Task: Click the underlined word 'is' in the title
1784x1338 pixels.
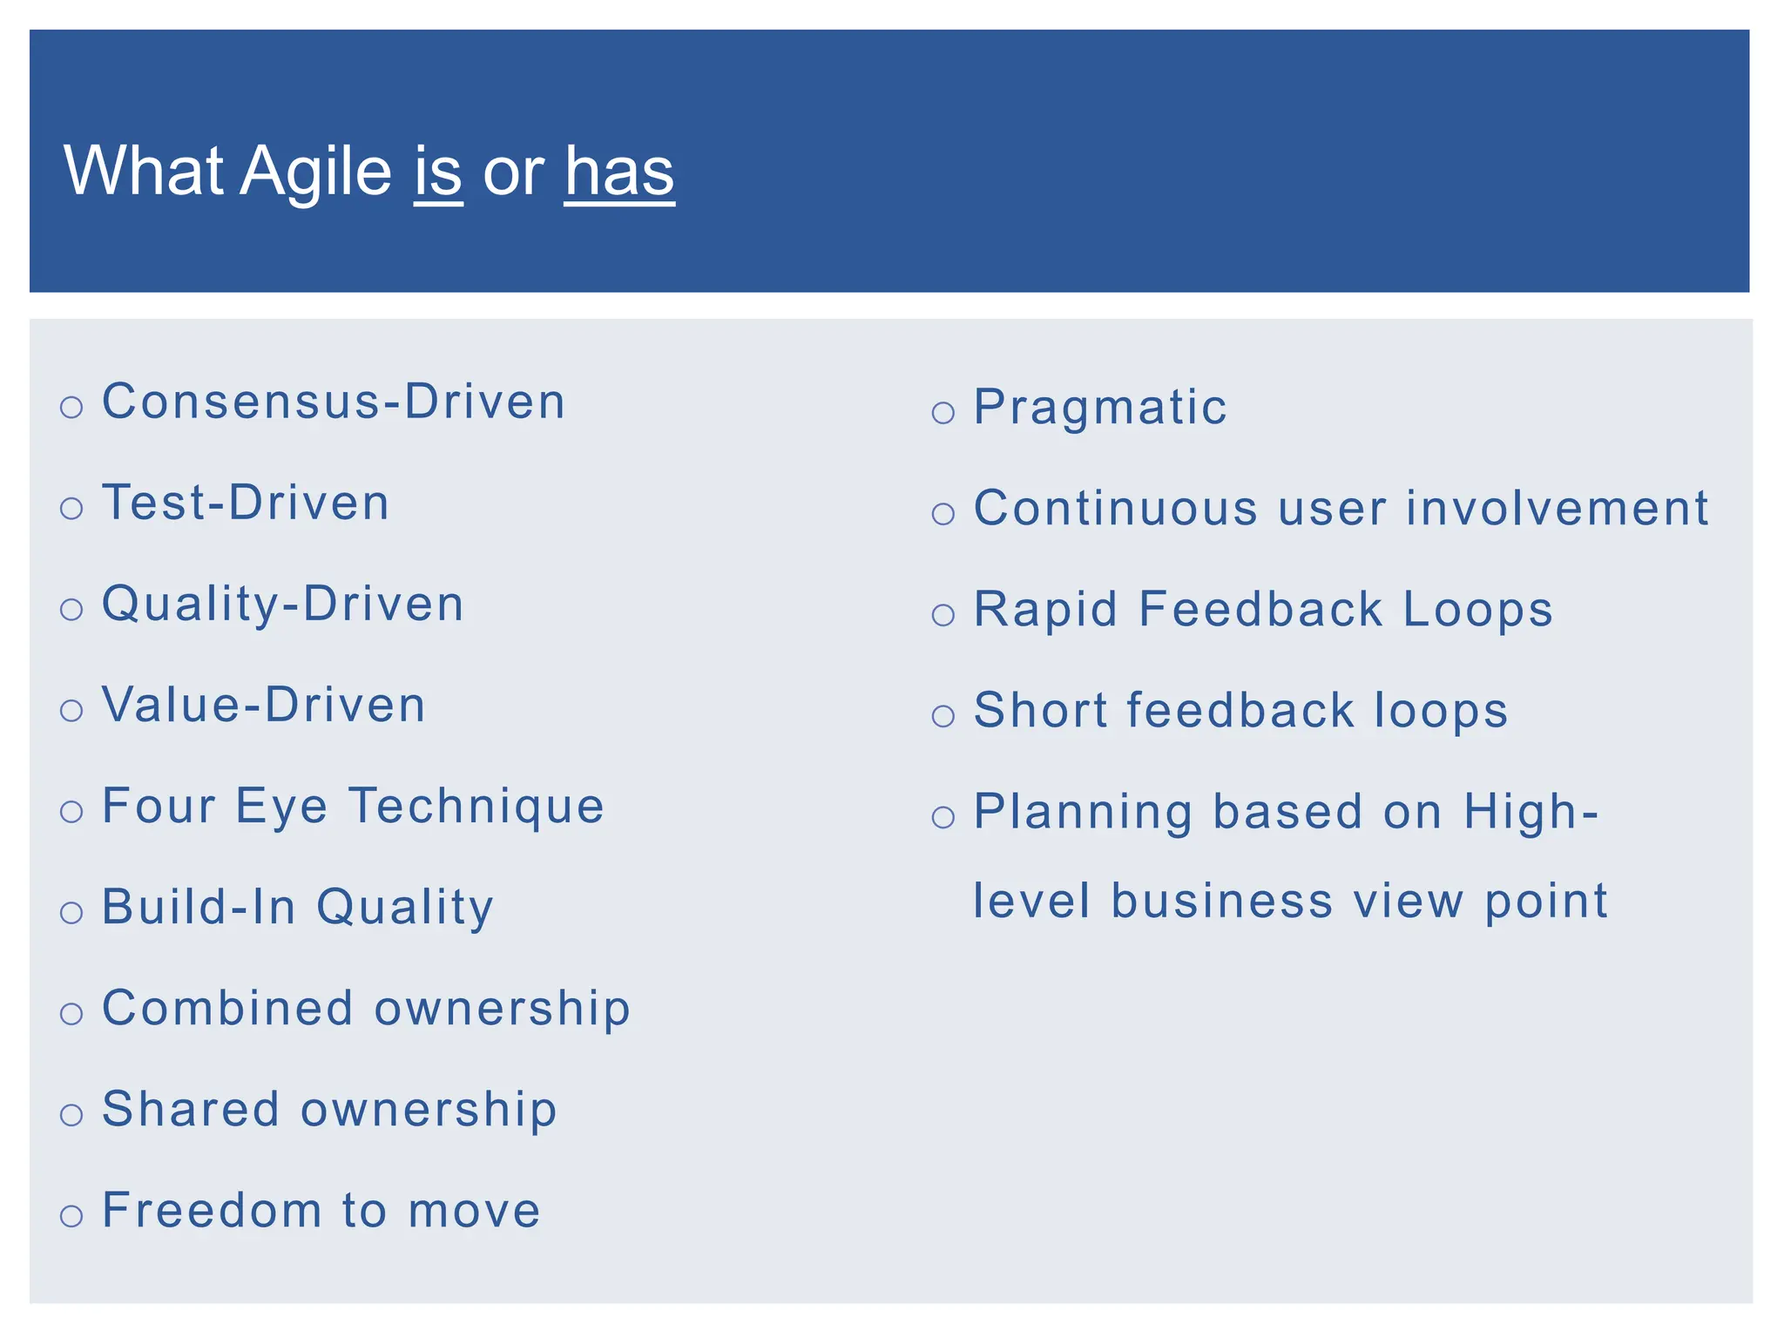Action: [x=437, y=172]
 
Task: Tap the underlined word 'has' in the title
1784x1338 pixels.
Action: [x=619, y=172]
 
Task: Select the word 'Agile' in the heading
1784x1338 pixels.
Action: [x=315, y=172]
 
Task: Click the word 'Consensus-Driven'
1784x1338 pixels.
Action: [x=334, y=402]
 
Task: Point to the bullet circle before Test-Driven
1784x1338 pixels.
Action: [x=71, y=508]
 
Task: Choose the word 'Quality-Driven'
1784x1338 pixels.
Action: [x=283, y=604]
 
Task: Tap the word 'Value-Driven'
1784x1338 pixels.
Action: [x=264, y=705]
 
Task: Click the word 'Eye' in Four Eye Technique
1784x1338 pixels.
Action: [x=281, y=806]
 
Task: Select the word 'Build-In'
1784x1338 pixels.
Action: [x=199, y=907]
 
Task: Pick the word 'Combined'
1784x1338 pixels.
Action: [x=227, y=1008]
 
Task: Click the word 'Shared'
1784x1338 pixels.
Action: [x=191, y=1109]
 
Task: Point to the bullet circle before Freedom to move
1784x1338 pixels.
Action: [x=71, y=1215]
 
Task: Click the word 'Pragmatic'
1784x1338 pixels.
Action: [x=1100, y=407]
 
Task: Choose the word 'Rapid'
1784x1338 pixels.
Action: [x=1045, y=609]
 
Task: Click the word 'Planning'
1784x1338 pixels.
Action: [x=1083, y=812]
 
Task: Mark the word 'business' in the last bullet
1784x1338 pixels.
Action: [x=1221, y=901]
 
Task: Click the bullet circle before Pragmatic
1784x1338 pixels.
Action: [x=943, y=412]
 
